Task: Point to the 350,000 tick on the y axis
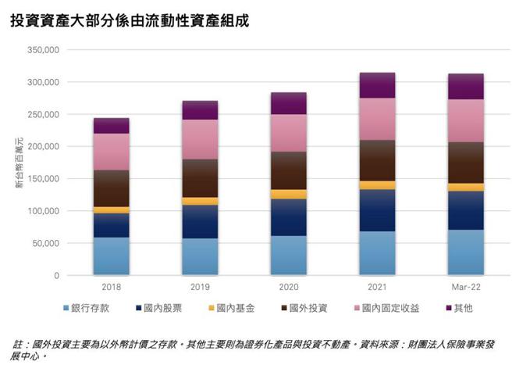coord(42,50)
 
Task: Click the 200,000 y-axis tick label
coord(42,147)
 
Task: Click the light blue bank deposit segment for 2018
coord(111,256)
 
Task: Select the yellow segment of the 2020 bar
coord(288,195)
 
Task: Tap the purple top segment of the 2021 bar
coord(376,85)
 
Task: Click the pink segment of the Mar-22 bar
coord(465,120)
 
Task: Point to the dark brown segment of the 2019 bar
coord(199,178)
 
